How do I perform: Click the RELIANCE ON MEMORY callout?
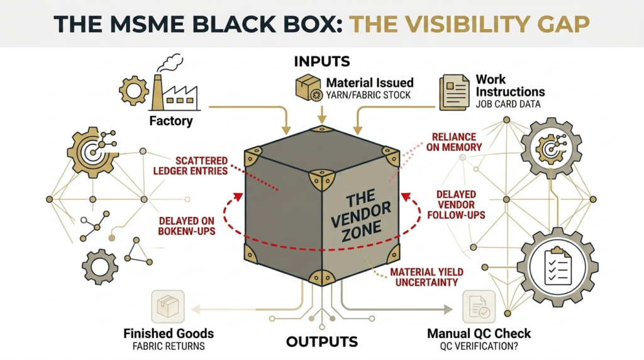pos(457,142)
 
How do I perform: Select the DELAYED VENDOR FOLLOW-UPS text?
pos(456,205)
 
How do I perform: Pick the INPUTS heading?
pos(322,62)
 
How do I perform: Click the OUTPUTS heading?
pos(322,342)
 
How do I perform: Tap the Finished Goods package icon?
pos(167,307)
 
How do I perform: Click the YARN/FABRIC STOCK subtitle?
pos(369,96)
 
